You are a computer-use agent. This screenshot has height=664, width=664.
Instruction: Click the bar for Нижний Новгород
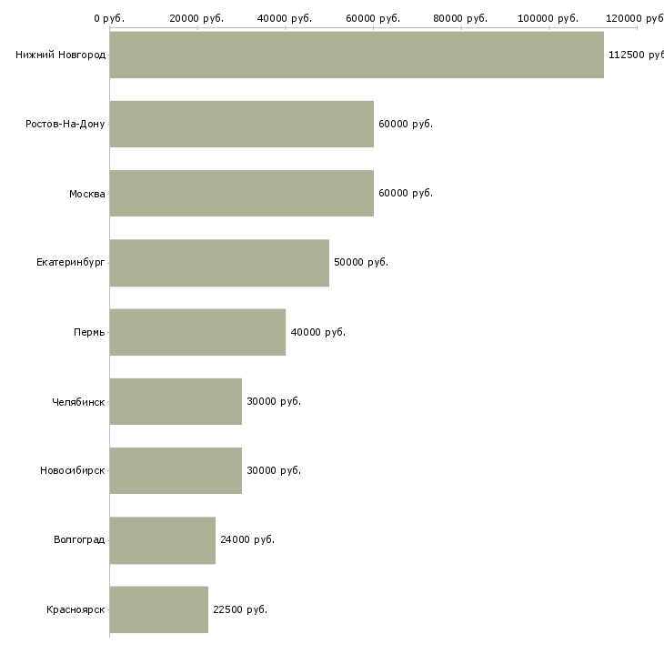[x=357, y=55]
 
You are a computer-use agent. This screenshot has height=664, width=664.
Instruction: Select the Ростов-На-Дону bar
[x=241, y=124]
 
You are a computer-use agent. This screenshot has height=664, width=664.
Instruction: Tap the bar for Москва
[x=241, y=193]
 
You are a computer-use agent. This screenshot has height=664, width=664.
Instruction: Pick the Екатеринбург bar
[x=219, y=263]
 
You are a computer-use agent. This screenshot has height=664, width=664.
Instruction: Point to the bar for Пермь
[x=197, y=332]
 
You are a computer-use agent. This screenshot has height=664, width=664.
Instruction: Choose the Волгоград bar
[x=162, y=540]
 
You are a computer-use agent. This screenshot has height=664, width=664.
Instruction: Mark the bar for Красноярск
[x=159, y=609]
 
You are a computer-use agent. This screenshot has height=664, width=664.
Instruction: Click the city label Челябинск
[x=78, y=402]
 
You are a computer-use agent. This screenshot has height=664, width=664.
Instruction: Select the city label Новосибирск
[x=73, y=470]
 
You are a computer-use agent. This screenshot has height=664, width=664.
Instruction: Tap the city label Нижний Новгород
[x=61, y=55]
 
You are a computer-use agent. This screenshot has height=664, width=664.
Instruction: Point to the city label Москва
[x=86, y=194]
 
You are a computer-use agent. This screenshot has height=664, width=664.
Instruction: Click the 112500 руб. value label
[x=636, y=55]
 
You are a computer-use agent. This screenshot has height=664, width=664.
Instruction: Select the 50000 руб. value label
[x=361, y=262]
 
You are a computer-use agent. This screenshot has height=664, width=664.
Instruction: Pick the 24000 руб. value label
[x=247, y=539]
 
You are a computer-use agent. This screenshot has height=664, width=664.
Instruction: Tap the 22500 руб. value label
[x=240, y=609]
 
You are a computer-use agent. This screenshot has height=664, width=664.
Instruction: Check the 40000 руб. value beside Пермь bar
[x=318, y=332]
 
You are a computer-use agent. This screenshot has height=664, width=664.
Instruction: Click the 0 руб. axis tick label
[x=109, y=18]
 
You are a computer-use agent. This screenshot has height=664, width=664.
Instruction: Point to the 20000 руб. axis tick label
[x=196, y=18]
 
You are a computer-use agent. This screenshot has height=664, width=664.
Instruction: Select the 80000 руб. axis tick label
[x=460, y=18]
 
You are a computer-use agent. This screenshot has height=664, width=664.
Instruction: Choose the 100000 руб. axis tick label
[x=548, y=18]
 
